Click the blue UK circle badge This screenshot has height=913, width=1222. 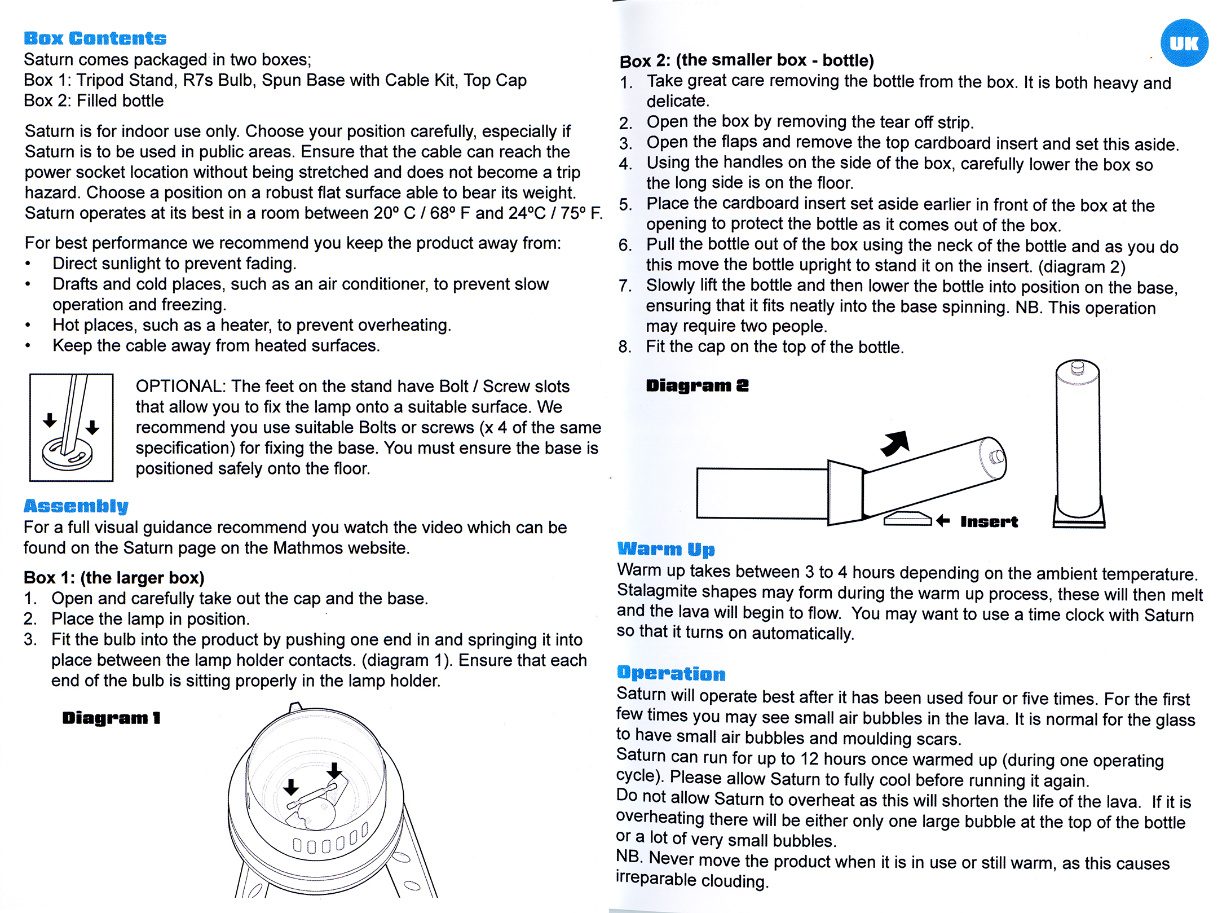(x=1184, y=43)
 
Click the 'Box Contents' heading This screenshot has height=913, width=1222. (x=95, y=38)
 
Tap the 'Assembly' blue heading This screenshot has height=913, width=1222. (x=76, y=506)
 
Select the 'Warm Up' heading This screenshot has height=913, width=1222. (x=665, y=548)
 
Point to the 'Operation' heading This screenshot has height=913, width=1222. (x=670, y=673)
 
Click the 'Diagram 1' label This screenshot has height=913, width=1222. (x=111, y=718)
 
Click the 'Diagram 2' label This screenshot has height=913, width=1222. (x=697, y=385)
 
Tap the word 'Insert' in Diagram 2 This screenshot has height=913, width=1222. (x=989, y=521)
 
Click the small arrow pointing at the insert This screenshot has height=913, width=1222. (x=943, y=520)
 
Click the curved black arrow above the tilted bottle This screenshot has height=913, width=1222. (x=896, y=442)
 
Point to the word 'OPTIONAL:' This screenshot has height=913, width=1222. (x=180, y=387)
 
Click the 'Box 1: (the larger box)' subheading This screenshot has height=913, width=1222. (x=114, y=578)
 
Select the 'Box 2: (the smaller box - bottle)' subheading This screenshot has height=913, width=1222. (x=747, y=60)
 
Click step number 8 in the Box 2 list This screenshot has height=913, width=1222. (x=624, y=346)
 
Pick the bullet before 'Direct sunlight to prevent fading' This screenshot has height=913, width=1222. (x=28, y=264)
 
